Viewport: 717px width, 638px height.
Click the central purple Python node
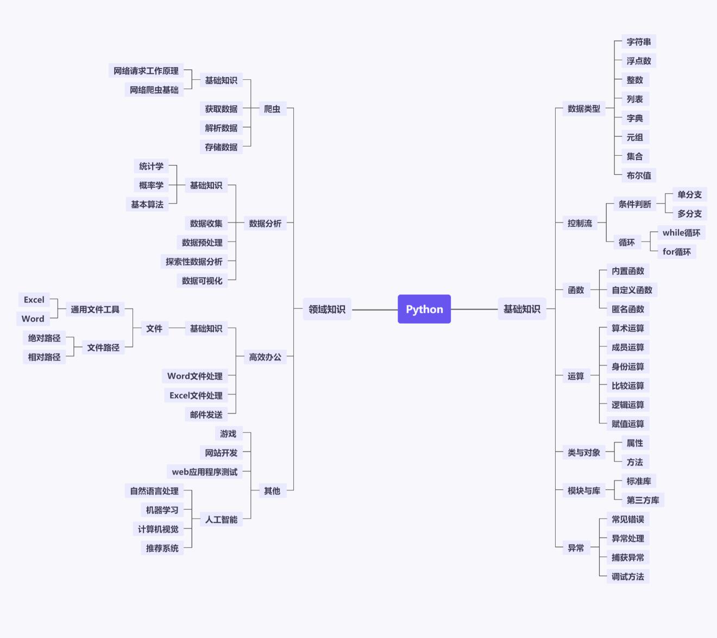coord(424,309)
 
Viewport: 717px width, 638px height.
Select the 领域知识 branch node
coord(327,309)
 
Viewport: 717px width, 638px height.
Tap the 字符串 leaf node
coord(638,42)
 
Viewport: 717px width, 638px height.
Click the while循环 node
coord(681,232)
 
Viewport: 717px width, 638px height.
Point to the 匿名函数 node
coord(627,309)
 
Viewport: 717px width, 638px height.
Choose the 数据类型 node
coord(583,109)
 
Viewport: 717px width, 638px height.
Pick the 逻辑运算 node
coord(627,405)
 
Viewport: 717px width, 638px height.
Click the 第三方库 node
coord(643,500)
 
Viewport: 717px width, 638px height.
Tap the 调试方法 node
coord(627,577)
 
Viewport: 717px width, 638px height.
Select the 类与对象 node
coord(583,452)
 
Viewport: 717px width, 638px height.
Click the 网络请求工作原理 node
coord(146,71)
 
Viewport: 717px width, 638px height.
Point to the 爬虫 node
coord(272,109)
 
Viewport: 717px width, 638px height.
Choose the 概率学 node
coord(151,185)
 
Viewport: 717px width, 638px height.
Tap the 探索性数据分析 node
coord(194,262)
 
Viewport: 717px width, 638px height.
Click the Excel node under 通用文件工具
coord(34,300)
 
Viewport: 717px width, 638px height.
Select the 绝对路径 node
coord(44,338)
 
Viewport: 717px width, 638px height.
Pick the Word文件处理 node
coord(194,376)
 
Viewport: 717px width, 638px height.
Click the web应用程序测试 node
coord(204,472)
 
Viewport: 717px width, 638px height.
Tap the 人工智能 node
coord(221,520)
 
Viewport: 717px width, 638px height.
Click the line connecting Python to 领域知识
coord(375,309)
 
